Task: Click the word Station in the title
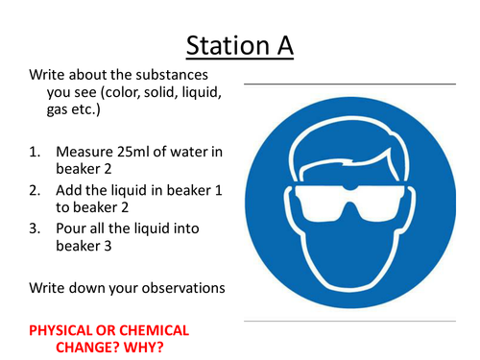225,44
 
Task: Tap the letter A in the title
281,44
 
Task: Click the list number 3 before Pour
35,228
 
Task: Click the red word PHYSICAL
64,330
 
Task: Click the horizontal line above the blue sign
349,84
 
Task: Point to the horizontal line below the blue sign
349,320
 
